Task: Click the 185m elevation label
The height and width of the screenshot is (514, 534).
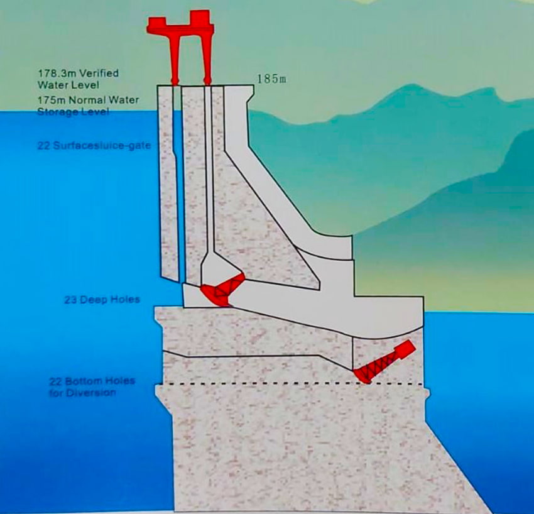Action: pyautogui.click(x=271, y=79)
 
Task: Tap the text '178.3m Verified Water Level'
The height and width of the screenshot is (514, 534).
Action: pyautogui.click(x=79, y=79)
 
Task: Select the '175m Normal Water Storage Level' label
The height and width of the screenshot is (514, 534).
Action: pyautogui.click(x=88, y=106)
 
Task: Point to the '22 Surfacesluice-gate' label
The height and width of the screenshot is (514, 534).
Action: pyautogui.click(x=94, y=145)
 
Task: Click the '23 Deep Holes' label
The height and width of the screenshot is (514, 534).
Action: pyautogui.click(x=102, y=299)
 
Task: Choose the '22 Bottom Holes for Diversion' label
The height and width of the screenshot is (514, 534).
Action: pyautogui.click(x=92, y=386)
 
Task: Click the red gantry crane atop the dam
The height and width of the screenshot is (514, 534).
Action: pyautogui.click(x=180, y=47)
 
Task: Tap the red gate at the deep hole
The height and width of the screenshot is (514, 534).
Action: pyautogui.click(x=223, y=289)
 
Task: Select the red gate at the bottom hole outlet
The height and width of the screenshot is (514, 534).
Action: pyautogui.click(x=384, y=362)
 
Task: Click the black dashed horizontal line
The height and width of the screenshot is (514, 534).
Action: pyautogui.click(x=293, y=384)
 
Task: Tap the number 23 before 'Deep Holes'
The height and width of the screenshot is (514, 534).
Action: pyautogui.click(x=70, y=299)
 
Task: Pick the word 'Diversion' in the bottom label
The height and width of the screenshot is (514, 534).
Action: pyautogui.click(x=83, y=393)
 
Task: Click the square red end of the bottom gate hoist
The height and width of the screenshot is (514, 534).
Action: pyautogui.click(x=406, y=349)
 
